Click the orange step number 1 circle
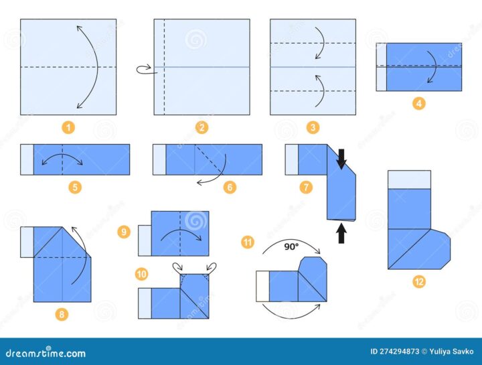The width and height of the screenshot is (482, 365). (x=68, y=127)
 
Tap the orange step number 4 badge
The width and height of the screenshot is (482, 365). (x=418, y=103)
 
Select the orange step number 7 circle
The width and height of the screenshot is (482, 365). (x=306, y=187)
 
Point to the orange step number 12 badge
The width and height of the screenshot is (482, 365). (x=419, y=281)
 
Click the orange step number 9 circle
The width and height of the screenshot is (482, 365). (x=124, y=232)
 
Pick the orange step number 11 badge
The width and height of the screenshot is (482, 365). (x=248, y=242)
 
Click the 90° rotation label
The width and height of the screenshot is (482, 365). (x=291, y=246)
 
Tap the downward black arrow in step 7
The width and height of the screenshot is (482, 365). (x=341, y=159)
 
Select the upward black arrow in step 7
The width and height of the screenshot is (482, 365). (x=341, y=233)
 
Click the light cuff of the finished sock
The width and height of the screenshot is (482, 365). (x=409, y=179)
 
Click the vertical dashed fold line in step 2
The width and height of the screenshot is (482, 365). (x=164, y=67)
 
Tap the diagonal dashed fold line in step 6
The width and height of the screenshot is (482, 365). (x=209, y=159)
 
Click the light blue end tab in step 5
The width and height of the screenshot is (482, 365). (x=27, y=159)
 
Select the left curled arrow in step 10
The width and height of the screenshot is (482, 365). (x=178, y=267)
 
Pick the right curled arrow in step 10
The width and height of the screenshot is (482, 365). (x=211, y=267)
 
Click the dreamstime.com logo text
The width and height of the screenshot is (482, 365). (x=46, y=352)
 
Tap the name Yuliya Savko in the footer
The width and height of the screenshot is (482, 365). (x=452, y=352)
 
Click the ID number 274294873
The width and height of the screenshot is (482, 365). (x=399, y=352)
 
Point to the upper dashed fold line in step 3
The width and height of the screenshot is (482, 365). (x=313, y=43)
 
